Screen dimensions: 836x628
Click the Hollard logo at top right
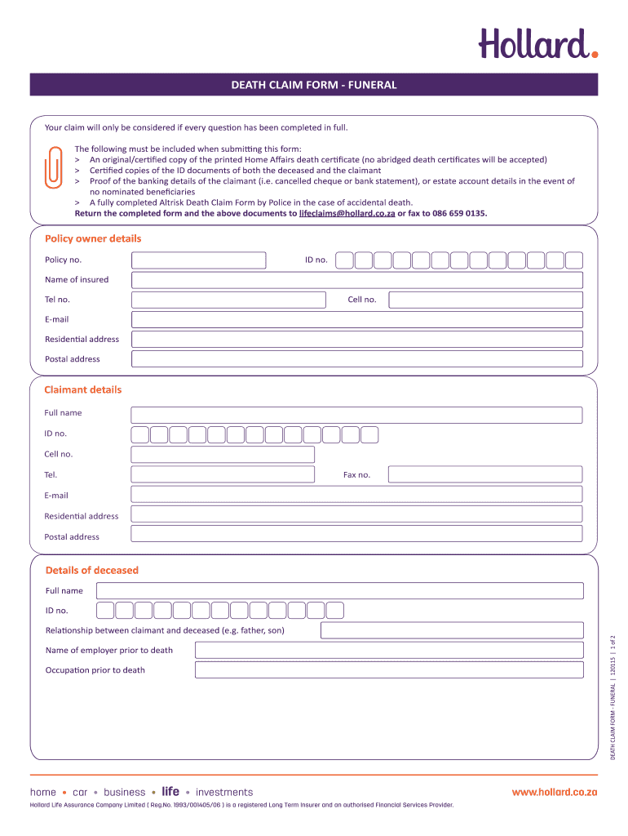[537, 43]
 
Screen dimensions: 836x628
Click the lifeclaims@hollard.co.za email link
[347, 213]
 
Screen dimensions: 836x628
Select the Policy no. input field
[199, 260]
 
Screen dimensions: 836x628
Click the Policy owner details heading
[92, 238]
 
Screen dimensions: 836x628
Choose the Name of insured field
[357, 280]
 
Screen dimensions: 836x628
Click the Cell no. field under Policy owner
[485, 300]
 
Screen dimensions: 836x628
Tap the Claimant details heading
[82, 389]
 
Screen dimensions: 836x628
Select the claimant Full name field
[356, 415]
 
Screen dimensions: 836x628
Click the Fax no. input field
[485, 474]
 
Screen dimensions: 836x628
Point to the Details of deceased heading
[92, 570]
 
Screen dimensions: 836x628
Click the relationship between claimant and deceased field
[452, 630]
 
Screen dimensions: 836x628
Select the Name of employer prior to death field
[389, 650]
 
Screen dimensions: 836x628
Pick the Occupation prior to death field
[389, 670]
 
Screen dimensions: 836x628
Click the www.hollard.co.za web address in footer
[555, 792]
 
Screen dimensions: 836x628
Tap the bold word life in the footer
[170, 792]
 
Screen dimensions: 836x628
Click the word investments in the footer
[224, 792]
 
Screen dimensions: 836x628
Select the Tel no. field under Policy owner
[228, 300]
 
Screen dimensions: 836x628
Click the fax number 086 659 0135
[455, 213]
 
